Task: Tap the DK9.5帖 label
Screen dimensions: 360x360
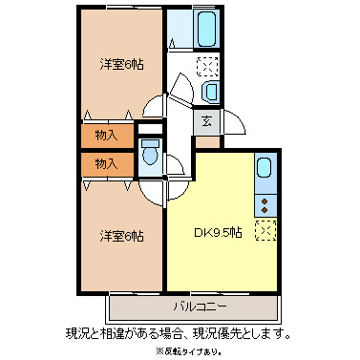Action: pyautogui.click(x=218, y=232)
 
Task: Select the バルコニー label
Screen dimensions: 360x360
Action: pyautogui.click(x=198, y=307)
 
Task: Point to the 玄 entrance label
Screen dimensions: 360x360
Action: pyautogui.click(x=206, y=120)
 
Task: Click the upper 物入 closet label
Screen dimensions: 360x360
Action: pyautogui.click(x=106, y=136)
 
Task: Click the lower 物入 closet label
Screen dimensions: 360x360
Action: pyautogui.click(x=106, y=163)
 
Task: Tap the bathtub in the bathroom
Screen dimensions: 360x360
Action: pyautogui.click(x=206, y=32)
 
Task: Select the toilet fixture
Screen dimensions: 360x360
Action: pyautogui.click(x=149, y=152)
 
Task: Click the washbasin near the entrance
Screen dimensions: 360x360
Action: pyautogui.click(x=210, y=91)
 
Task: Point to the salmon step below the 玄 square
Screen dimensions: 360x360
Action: pyautogui.click(x=206, y=140)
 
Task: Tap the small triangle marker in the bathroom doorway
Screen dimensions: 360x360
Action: pyautogui.click(x=172, y=43)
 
